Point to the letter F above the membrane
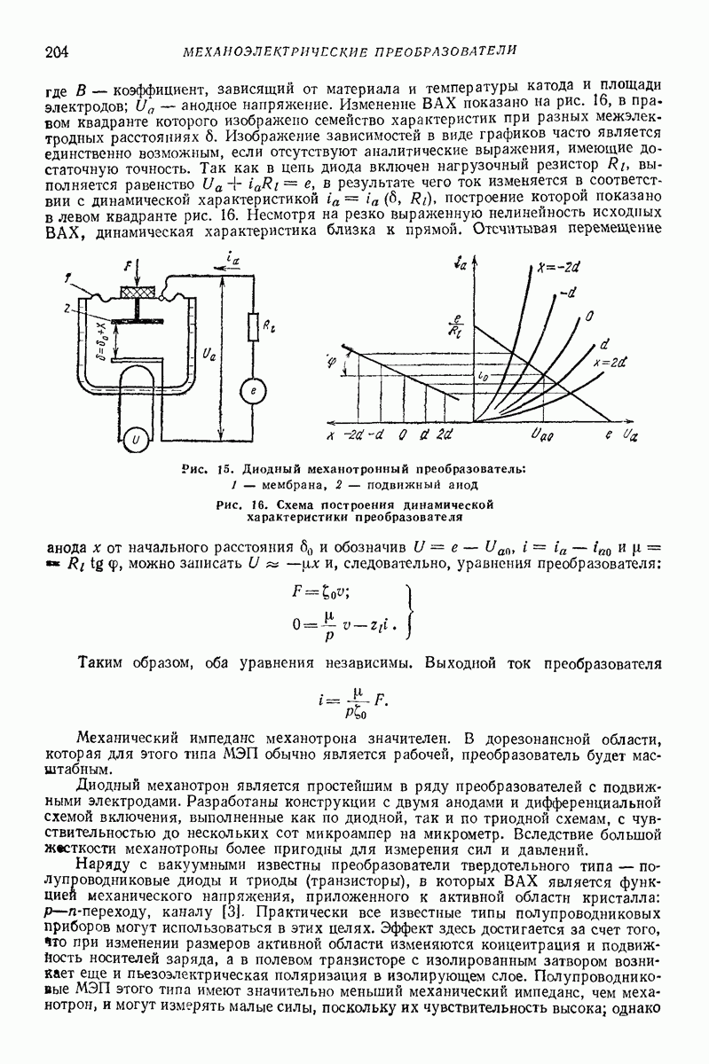click(130, 266)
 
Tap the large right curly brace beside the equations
click(410, 613)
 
